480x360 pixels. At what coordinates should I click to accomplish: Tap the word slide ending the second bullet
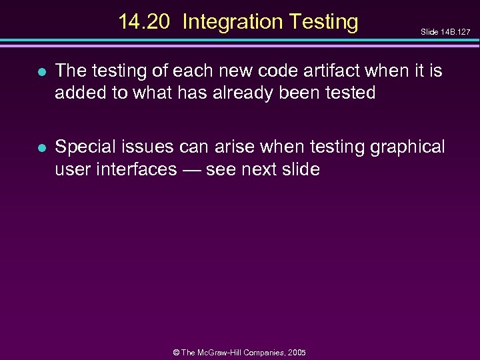pyautogui.click(x=301, y=169)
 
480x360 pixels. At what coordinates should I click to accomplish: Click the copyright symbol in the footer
pyautogui.click(x=175, y=352)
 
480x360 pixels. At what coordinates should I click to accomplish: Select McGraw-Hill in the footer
pyautogui.click(x=227, y=352)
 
